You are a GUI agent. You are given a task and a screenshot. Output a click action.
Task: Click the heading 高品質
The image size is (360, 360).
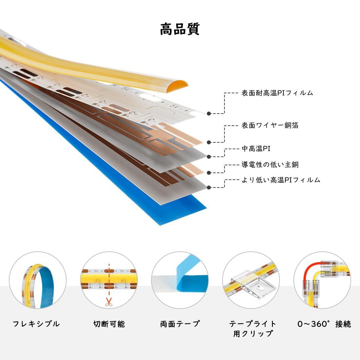point(180,29)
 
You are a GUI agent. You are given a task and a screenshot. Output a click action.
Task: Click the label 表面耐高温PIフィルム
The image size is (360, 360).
point(277,93)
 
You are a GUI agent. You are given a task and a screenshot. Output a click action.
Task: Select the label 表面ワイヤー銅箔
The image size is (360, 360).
point(270,125)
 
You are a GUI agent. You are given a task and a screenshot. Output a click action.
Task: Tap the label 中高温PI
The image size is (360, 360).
point(256,149)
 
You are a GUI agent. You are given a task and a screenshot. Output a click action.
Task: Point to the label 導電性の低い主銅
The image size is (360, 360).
point(270,165)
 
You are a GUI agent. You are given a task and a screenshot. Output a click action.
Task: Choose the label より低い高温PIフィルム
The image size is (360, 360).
point(281,180)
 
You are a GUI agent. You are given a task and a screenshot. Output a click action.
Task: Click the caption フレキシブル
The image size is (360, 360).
point(36,324)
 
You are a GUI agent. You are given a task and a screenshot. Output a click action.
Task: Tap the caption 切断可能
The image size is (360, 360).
point(109,324)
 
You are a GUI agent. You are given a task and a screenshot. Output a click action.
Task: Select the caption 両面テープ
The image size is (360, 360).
point(180,324)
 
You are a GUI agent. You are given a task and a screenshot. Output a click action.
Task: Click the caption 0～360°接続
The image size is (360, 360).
point(324,324)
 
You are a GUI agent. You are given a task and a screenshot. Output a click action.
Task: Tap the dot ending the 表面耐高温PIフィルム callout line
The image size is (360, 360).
point(209,114)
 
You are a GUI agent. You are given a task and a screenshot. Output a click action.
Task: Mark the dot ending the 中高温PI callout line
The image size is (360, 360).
point(209,157)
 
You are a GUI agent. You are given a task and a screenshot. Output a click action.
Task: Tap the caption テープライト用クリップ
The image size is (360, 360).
point(253,329)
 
